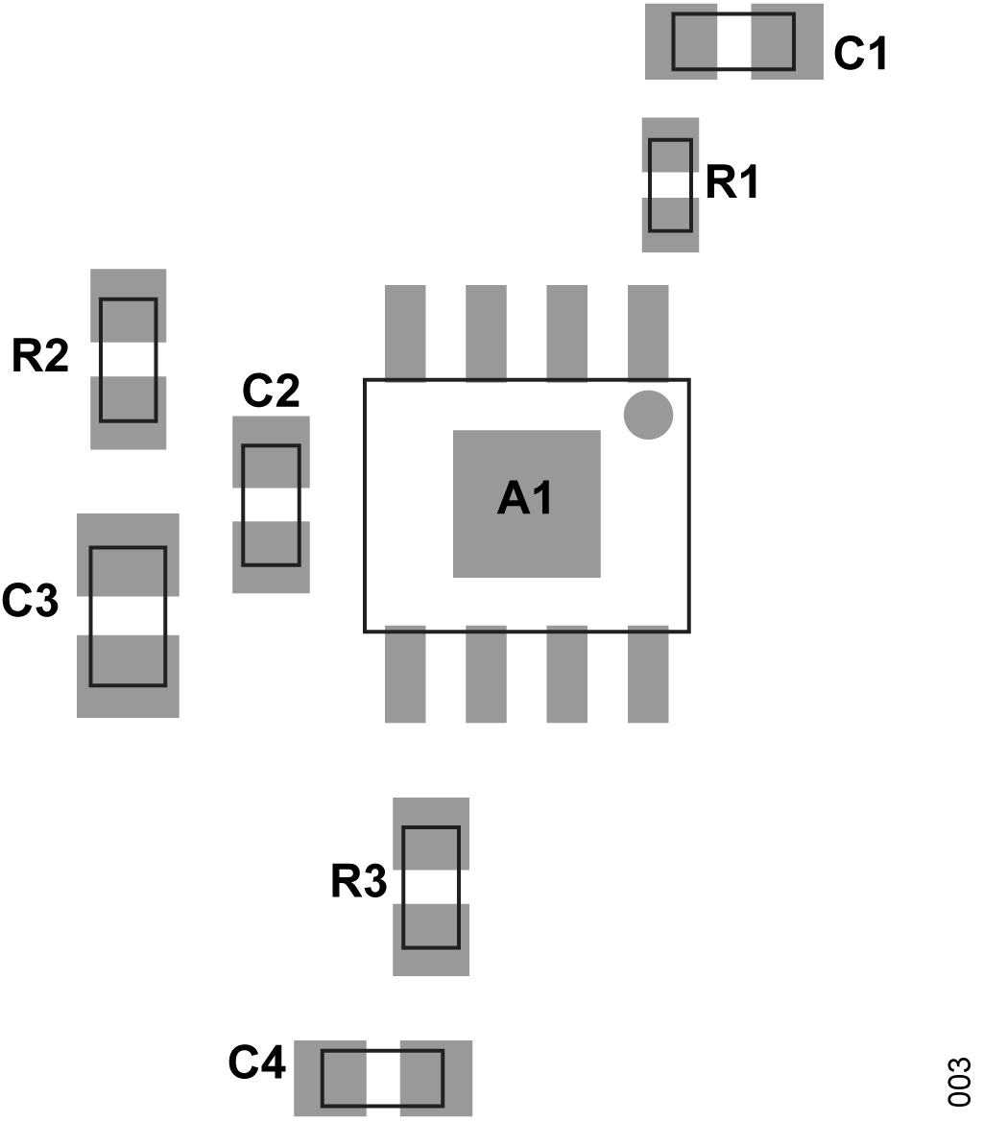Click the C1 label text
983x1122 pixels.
pos(860,54)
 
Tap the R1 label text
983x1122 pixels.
pos(732,182)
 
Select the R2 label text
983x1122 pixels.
pos(40,356)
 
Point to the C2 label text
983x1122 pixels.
pos(271,392)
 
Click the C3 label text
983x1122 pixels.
pos(31,601)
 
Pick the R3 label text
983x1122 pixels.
pos(359,883)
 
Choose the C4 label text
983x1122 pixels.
pos(257,1063)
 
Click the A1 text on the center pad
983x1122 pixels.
pos(526,499)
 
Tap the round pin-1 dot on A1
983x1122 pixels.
pos(648,416)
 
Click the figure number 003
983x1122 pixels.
pos(960,1083)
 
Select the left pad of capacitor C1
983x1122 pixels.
pos(682,41)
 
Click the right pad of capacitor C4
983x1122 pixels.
pos(436,1078)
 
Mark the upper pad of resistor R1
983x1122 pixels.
pos(670,144)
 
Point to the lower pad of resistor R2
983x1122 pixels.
pos(129,412)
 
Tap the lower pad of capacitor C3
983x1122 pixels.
pos(128,676)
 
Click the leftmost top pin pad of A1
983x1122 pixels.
pos(405,332)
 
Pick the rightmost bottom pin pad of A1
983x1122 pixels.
pos(648,675)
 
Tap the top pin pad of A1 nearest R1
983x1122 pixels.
pos(648,332)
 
